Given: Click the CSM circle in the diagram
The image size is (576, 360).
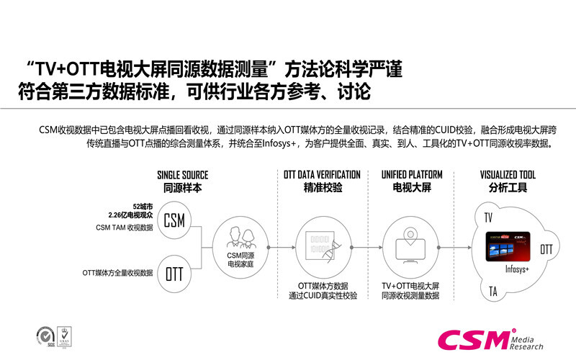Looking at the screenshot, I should [x=174, y=221].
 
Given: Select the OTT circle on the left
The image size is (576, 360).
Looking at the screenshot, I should [x=174, y=274].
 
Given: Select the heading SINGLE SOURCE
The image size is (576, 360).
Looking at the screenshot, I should [x=183, y=175].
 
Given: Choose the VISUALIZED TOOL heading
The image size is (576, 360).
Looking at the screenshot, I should [x=508, y=175].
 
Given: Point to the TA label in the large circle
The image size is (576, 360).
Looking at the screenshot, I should [x=492, y=292].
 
